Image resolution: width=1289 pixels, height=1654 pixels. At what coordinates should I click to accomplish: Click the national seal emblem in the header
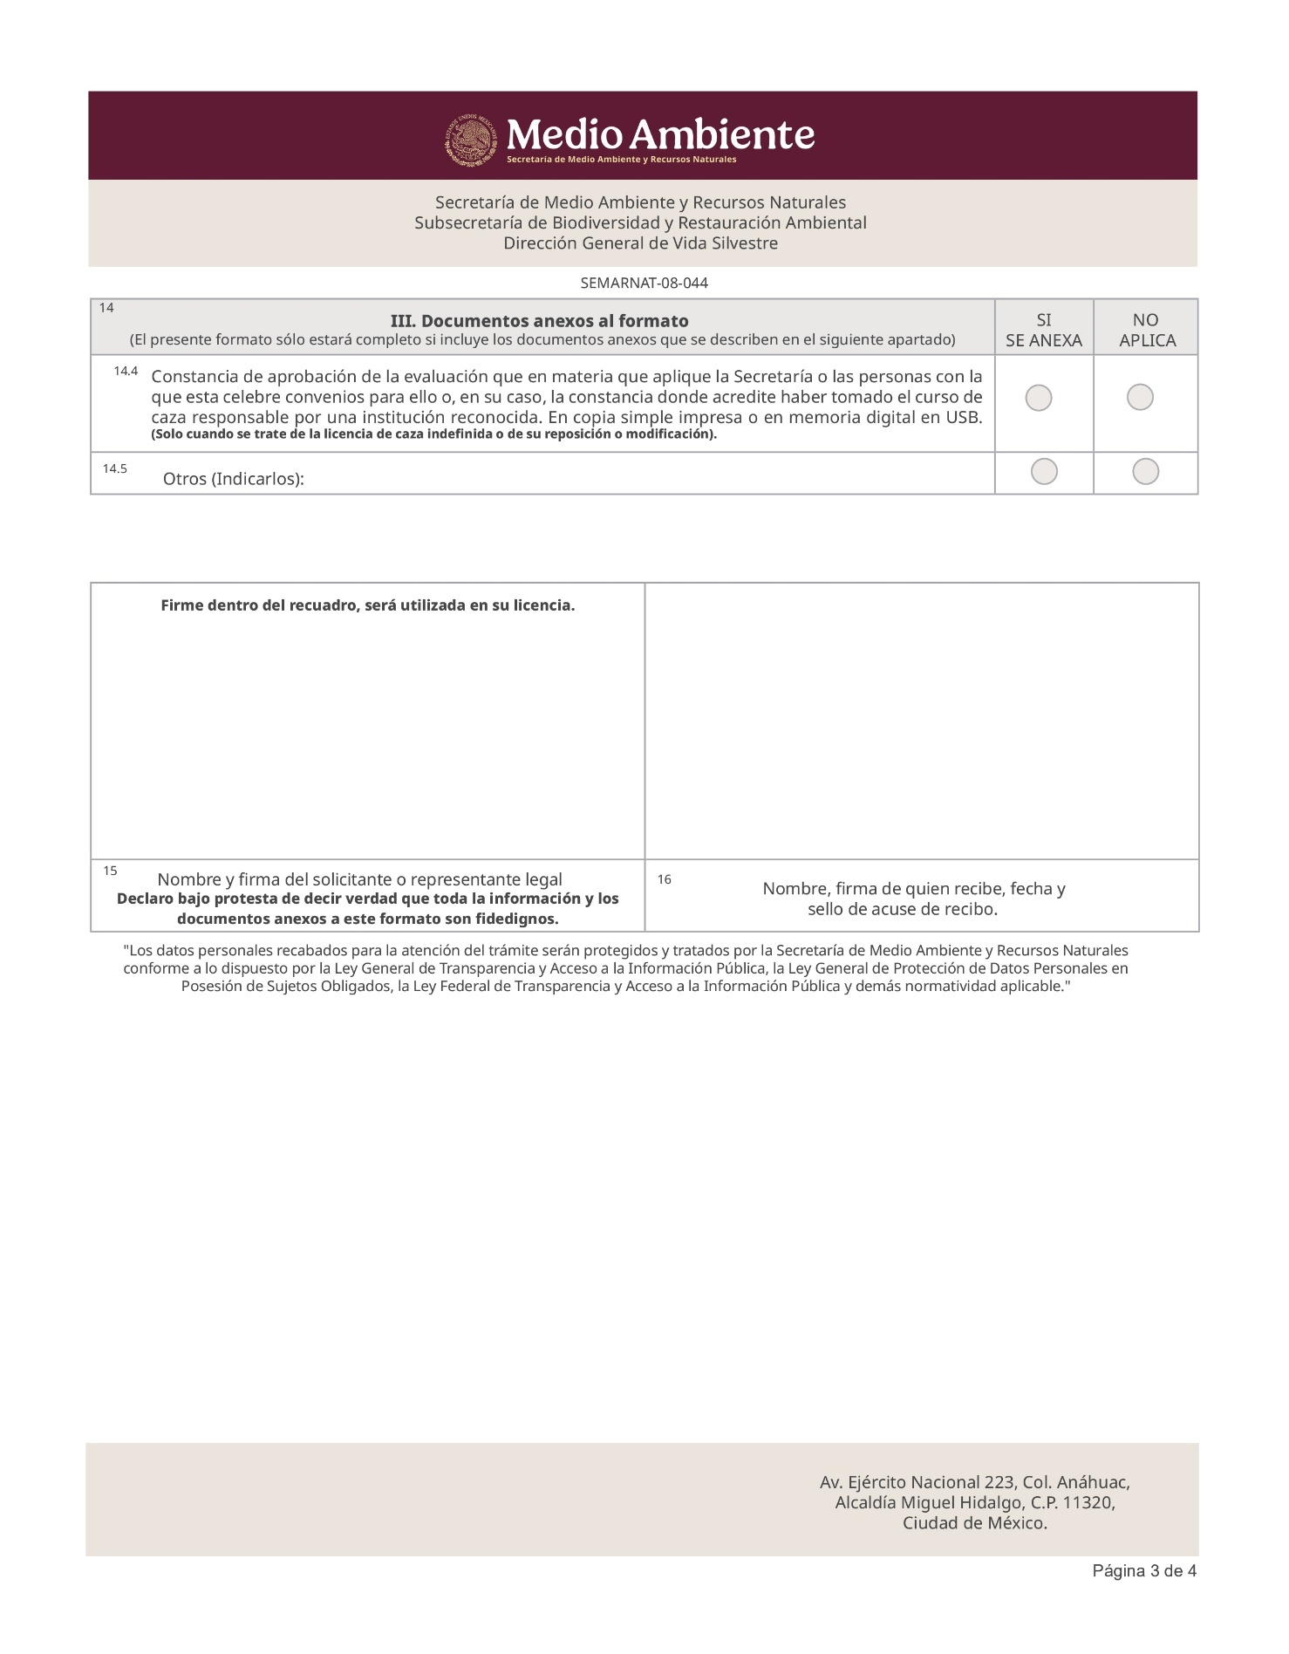[472, 140]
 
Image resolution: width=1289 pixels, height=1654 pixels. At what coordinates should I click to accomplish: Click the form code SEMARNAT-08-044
[644, 284]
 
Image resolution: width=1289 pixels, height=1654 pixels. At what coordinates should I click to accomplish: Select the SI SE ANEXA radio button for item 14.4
[1039, 399]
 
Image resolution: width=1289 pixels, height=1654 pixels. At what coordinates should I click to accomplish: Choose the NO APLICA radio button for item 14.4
[1140, 398]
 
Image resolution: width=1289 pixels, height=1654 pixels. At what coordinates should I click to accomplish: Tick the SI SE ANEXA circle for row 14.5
[1044, 472]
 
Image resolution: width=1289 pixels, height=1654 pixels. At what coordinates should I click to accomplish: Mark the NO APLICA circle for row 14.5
[1145, 472]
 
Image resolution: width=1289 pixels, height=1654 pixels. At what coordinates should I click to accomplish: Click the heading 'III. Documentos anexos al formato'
[539, 321]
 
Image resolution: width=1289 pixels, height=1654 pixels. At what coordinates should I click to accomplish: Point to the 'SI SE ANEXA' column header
[1043, 331]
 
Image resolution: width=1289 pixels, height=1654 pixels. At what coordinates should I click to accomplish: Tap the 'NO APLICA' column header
[1146, 331]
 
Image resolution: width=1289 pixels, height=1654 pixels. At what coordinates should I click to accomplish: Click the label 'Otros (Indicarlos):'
[234, 479]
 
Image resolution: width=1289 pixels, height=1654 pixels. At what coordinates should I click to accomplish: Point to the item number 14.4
[126, 372]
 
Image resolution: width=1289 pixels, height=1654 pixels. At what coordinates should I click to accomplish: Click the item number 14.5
[114, 469]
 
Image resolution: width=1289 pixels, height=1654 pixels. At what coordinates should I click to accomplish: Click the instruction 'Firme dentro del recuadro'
[367, 605]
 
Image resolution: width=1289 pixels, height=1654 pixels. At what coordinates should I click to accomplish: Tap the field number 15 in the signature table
[110, 871]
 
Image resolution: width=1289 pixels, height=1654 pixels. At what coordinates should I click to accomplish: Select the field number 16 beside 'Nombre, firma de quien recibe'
[665, 880]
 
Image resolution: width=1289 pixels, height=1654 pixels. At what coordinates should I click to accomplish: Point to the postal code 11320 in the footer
[1089, 1502]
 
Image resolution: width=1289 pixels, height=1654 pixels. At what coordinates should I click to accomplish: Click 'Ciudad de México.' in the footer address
[974, 1523]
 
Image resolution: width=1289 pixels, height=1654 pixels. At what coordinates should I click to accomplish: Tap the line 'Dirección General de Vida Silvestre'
[640, 243]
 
